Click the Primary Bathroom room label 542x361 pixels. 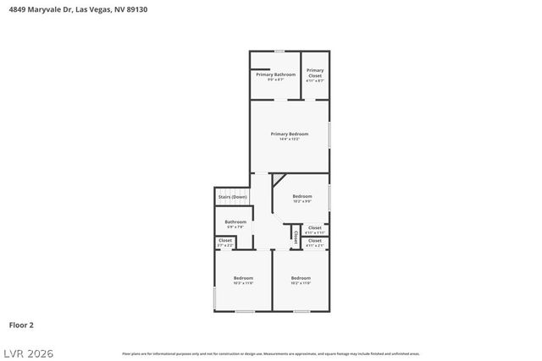click(276, 74)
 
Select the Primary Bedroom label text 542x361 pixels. click(289, 134)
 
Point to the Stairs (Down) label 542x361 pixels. click(232, 197)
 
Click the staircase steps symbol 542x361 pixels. click(232, 189)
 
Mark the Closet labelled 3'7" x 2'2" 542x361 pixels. click(225, 241)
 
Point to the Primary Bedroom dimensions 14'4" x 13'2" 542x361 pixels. click(289, 139)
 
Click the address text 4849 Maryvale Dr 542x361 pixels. click(38, 9)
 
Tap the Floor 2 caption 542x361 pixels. click(21, 325)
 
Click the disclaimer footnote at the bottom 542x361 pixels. click(270, 353)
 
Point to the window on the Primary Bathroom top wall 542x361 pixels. click(279, 52)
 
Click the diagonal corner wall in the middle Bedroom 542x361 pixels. click(276, 179)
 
